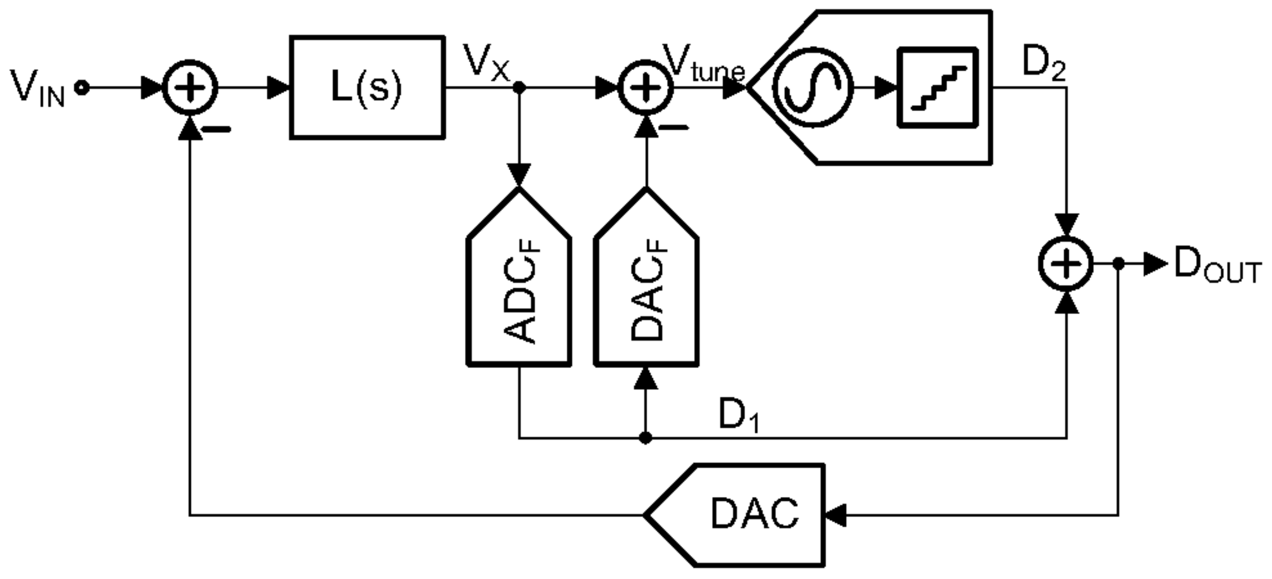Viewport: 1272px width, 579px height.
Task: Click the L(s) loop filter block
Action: click(367, 88)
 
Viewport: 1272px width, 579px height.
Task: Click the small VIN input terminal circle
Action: click(82, 88)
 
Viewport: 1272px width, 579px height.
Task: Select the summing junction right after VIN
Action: click(190, 88)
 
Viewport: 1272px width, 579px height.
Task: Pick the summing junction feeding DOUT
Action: click(1067, 264)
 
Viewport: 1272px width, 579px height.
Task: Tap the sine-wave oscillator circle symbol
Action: click(812, 88)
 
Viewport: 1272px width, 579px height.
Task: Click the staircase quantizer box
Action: click(937, 88)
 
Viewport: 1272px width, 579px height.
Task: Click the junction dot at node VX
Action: click(519, 88)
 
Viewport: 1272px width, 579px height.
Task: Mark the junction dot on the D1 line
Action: click(645, 438)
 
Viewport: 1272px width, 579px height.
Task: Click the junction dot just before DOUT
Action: click(1119, 264)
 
